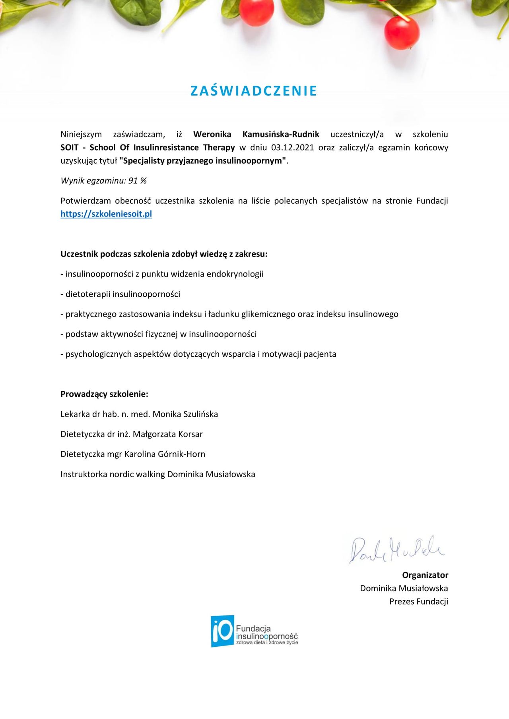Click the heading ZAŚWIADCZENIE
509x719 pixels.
point(254,91)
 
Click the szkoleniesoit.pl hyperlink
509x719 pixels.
point(106,214)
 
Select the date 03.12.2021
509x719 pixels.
point(292,147)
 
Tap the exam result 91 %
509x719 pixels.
point(138,181)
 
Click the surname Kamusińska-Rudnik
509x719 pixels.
point(281,134)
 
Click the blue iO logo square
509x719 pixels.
point(222,631)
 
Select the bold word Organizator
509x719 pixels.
point(425,575)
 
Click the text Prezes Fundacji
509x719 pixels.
point(418,601)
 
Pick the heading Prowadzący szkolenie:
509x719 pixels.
point(104,394)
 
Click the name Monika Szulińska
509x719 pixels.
point(185,414)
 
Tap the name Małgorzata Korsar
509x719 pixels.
point(167,434)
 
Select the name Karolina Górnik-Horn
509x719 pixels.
point(165,454)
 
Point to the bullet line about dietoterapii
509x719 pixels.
point(120,294)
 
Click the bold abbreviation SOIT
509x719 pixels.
point(69,147)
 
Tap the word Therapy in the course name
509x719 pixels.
point(219,147)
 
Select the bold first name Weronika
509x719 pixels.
point(212,134)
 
